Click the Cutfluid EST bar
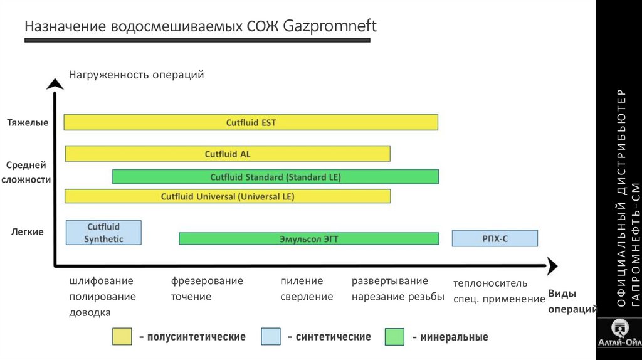pos(251,122)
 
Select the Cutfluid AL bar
pos(228,154)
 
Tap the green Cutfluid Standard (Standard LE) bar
pos(275,177)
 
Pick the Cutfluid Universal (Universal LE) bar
pos(228,196)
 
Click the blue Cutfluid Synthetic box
pos(103,233)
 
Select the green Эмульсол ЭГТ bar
pos(308,238)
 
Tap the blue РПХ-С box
pos(495,238)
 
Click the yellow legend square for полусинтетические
pos(122,337)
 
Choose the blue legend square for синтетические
pos(270,337)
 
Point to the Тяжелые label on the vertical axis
pos(28,122)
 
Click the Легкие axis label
pos(28,232)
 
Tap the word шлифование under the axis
pos(101,281)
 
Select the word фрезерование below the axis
pos(207,281)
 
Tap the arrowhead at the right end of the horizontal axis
pos(551,266)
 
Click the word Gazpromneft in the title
pos(330,28)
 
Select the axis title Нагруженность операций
pos(137,75)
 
